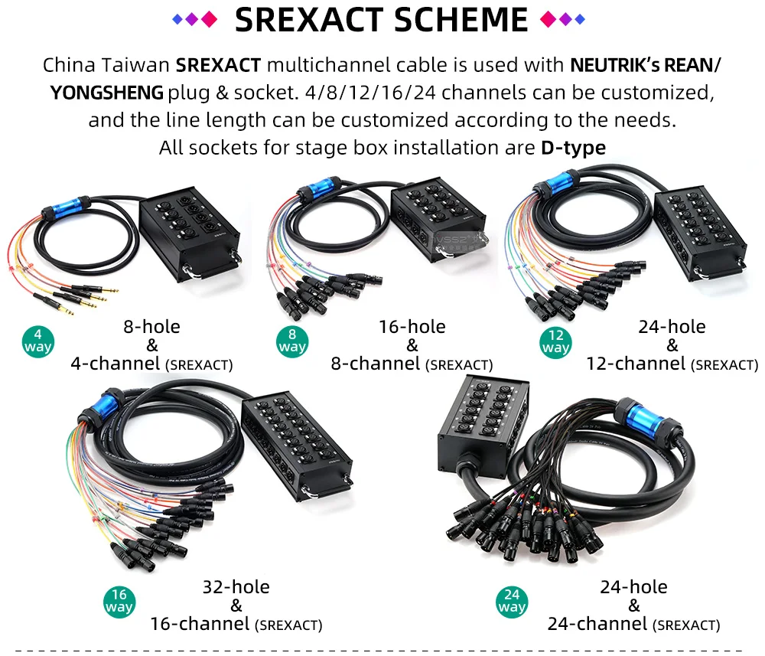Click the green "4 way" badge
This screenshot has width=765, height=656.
(x=37, y=341)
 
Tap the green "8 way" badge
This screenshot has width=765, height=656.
(x=291, y=341)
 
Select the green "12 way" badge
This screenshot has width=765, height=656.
(x=555, y=342)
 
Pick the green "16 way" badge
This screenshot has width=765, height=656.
(x=119, y=602)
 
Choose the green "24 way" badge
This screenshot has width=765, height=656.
(x=512, y=602)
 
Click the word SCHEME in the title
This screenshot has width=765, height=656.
(x=461, y=20)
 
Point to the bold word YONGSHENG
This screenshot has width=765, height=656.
(x=107, y=93)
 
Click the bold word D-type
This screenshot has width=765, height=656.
(x=573, y=148)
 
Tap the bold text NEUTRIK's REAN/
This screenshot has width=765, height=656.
(x=646, y=65)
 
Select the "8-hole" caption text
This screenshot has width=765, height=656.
(x=151, y=327)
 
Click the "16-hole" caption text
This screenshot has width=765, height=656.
(x=412, y=327)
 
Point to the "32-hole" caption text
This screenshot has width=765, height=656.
(x=236, y=586)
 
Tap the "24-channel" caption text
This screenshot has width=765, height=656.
(x=597, y=624)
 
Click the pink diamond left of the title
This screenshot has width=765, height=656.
(x=209, y=20)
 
